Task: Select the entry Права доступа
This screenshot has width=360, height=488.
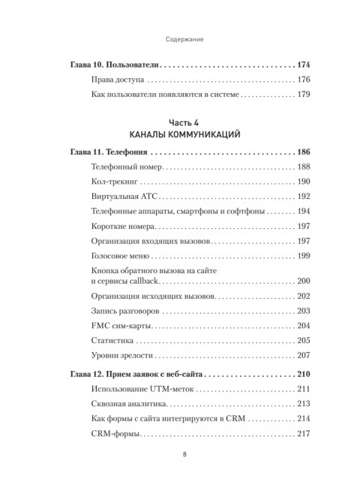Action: [x=115, y=79]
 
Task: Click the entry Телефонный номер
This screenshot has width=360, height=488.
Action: [x=126, y=167]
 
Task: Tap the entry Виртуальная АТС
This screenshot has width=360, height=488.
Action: [x=124, y=197]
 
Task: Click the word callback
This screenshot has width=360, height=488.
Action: [x=145, y=281]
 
